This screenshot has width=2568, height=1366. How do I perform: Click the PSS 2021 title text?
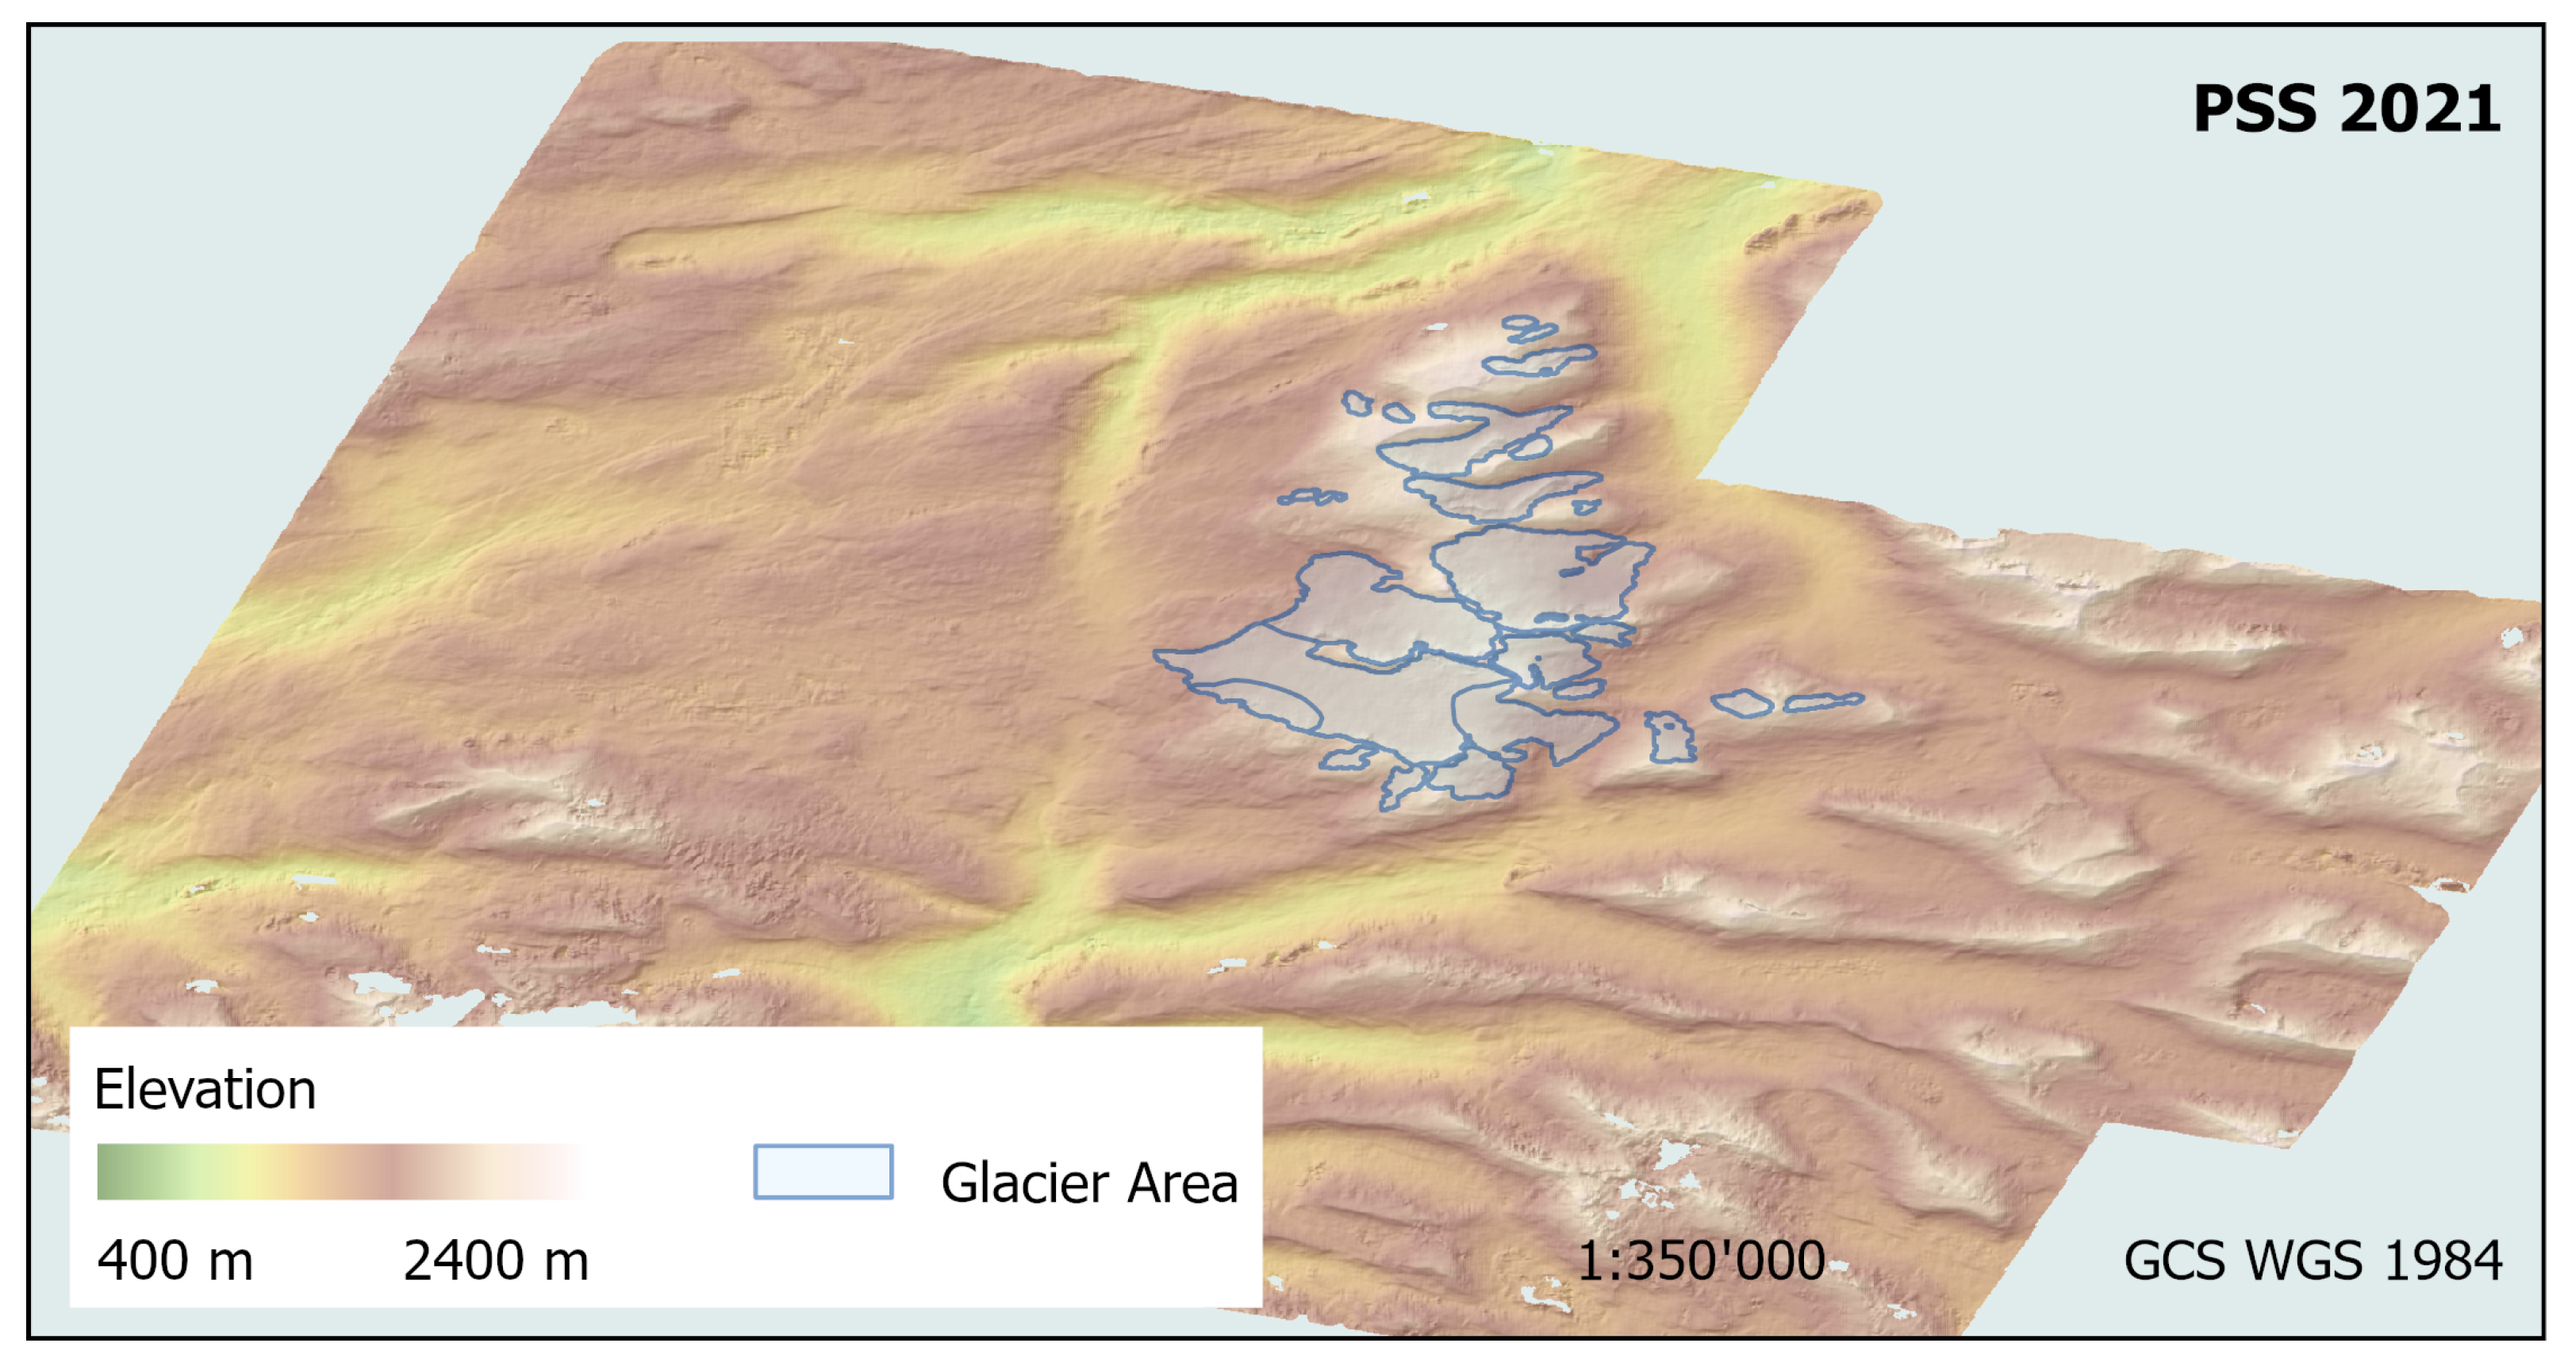(x=2346, y=109)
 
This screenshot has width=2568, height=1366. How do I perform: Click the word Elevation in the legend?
(x=205, y=1089)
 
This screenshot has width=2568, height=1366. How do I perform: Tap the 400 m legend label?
(x=175, y=1260)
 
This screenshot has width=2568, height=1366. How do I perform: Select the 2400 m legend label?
(x=496, y=1260)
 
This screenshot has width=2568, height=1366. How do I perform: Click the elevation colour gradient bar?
(x=339, y=1172)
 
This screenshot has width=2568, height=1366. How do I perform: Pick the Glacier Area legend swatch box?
(x=823, y=1172)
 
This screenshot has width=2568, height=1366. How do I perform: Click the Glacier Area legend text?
(x=1088, y=1184)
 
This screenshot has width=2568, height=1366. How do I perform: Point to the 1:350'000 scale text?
(x=1701, y=1260)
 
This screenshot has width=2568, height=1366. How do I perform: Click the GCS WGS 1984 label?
(x=2312, y=1260)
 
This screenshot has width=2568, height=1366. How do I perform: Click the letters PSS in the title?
(x=2254, y=109)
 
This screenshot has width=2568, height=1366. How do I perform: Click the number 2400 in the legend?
(x=463, y=1260)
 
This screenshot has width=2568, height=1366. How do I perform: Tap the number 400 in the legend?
(x=144, y=1260)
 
